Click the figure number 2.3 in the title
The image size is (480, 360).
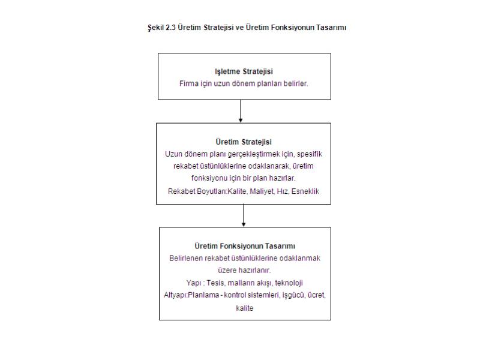click(171, 28)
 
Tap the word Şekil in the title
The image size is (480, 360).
click(156, 28)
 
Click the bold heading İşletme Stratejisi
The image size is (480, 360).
click(244, 71)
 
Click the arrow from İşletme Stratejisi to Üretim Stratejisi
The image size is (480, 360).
click(241, 111)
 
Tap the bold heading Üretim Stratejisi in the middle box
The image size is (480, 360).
click(244, 142)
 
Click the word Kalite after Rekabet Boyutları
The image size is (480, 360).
click(237, 191)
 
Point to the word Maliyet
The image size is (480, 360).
click(262, 191)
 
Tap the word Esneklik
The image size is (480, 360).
click(305, 191)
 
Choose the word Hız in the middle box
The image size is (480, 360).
click(282, 191)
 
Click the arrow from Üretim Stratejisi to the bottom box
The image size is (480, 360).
click(244, 215)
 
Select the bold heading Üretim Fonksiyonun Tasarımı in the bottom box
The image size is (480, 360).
click(245, 246)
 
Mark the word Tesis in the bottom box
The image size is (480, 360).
click(215, 283)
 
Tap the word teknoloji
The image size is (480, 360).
click(289, 283)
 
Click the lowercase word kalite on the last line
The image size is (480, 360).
click(245, 308)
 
